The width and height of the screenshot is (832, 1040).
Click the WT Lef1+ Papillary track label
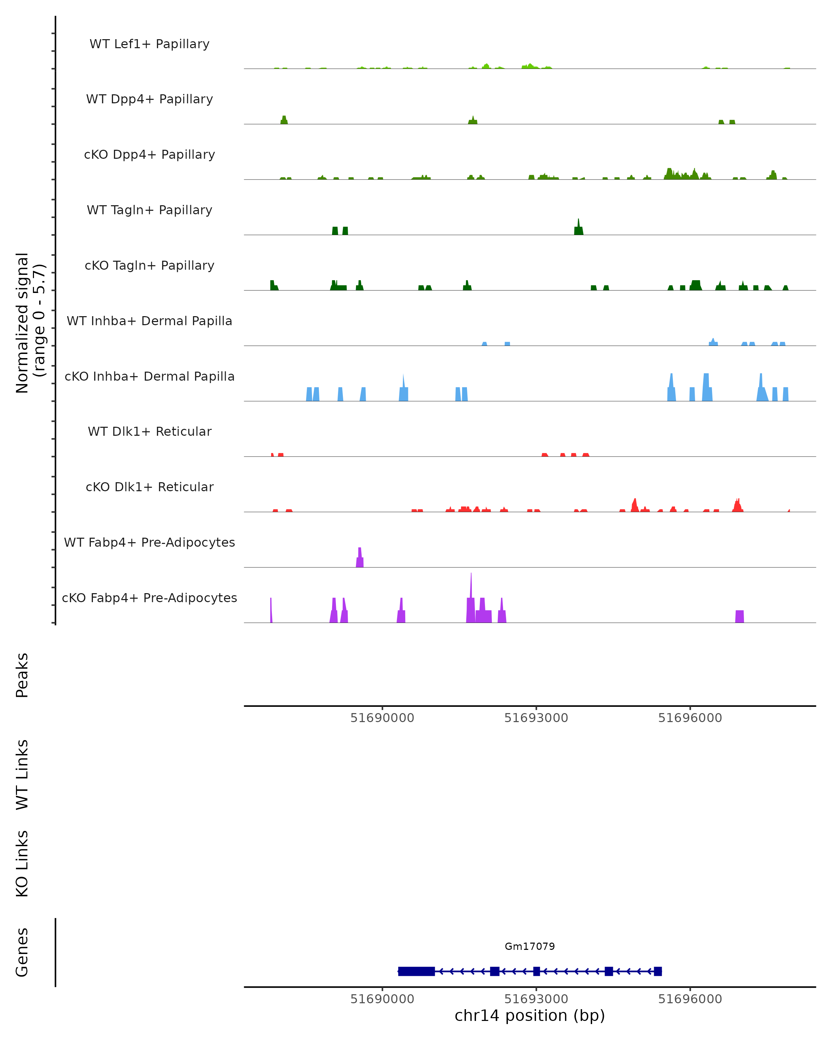click(x=149, y=44)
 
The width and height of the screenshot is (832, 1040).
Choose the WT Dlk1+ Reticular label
click(x=149, y=431)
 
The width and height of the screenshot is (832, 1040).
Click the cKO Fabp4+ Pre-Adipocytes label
click(x=149, y=598)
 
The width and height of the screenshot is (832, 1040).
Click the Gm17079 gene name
click(x=530, y=946)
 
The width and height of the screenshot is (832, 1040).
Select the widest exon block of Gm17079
click(x=416, y=971)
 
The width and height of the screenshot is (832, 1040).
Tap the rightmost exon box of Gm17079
click(x=658, y=971)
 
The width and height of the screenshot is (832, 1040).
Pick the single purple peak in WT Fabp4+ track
click(x=360, y=558)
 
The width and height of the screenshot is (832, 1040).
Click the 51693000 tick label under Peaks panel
click(x=536, y=718)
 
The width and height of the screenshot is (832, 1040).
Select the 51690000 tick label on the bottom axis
click(x=382, y=999)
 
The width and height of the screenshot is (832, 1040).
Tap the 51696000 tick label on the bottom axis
click(x=690, y=999)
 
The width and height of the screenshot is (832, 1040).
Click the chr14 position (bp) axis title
click(x=530, y=1015)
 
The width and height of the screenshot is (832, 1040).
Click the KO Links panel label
click(x=22, y=864)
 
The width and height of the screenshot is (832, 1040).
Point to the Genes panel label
click(x=22, y=952)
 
